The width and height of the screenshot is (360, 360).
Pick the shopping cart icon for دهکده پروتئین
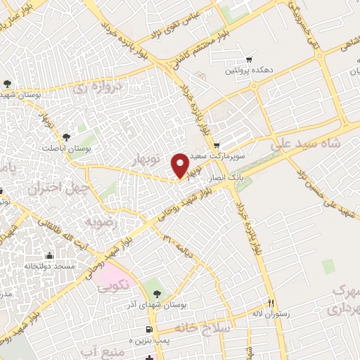click(x=248, y=60)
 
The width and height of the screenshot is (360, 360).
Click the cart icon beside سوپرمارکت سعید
click(x=217, y=144)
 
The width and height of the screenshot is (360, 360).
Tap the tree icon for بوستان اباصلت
click(x=66, y=136)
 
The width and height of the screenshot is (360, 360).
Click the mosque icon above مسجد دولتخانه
click(x=49, y=255)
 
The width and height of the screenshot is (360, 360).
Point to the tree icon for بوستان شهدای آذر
click(x=157, y=292)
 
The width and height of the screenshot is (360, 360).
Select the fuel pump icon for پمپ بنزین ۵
click(x=148, y=329)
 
